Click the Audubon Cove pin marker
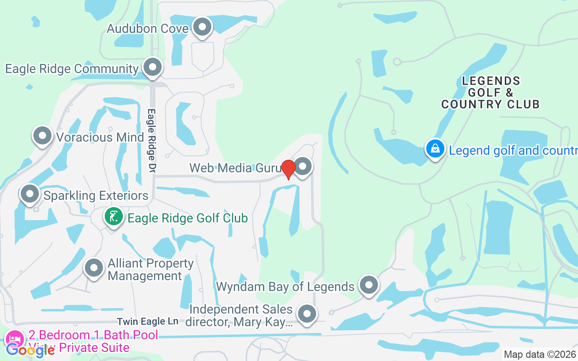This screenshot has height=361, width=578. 202,27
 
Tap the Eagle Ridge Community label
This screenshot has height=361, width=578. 71,69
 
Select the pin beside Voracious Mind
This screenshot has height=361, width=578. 42,136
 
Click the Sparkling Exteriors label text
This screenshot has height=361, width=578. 96,195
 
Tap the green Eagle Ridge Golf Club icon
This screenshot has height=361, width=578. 113,217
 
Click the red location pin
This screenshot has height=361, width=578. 288,169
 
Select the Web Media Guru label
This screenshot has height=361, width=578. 233,168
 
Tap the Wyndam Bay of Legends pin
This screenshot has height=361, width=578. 369,285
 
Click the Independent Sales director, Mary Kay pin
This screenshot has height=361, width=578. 307,314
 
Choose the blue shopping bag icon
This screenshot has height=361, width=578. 435,148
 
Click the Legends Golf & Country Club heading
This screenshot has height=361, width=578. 490,93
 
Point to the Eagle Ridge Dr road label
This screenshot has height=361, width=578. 152,140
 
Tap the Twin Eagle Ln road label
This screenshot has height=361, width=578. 148,322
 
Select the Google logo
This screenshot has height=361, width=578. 30,350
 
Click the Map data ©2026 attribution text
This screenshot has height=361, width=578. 540,354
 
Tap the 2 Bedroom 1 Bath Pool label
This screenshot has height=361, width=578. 93,335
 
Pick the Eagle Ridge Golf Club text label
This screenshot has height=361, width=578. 188,218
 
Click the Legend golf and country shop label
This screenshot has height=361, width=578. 513,150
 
